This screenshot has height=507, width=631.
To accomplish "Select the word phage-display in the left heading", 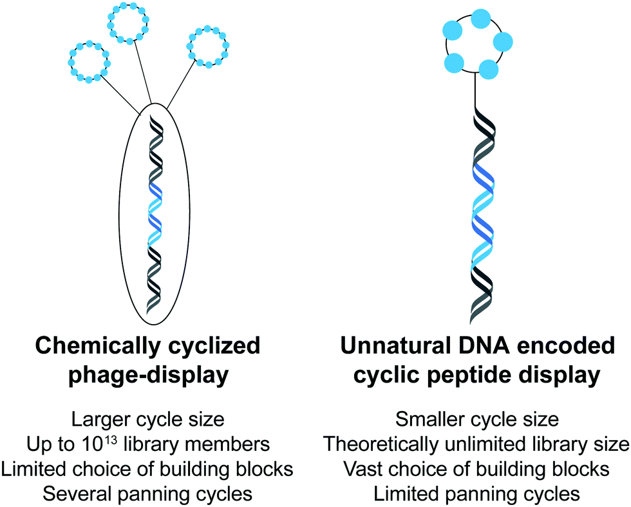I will pos(148,375).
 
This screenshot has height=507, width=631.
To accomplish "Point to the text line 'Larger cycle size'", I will pos(148,419).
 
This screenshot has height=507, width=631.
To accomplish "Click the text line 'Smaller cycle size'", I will pos(476,419).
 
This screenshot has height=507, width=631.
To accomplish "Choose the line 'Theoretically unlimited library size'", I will pos(476,444).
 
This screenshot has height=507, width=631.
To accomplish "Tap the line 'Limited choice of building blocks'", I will pos(148,468).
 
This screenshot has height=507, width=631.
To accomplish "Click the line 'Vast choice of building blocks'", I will pos(476,468).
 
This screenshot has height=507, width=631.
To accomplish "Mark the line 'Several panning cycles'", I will pos(148,493).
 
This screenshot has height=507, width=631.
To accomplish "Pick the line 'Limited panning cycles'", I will pos(476,493).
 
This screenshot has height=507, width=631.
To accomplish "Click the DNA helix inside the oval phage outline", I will pos(155,213).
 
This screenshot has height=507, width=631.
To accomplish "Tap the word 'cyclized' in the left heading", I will pos(216,346).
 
